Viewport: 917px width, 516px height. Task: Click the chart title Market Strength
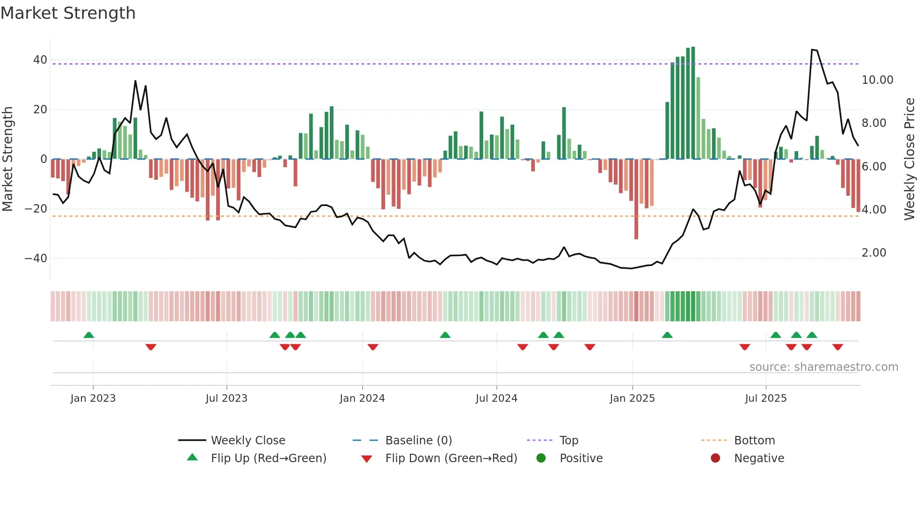click(x=68, y=13)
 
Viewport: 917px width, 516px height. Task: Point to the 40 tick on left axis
click(x=40, y=60)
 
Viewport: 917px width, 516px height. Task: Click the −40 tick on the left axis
click(x=36, y=258)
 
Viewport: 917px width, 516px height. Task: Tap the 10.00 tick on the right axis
click(x=877, y=80)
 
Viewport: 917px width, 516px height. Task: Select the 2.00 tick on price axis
click(x=873, y=253)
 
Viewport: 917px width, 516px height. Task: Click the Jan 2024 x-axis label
click(x=362, y=398)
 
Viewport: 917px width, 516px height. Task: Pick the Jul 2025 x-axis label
click(x=765, y=398)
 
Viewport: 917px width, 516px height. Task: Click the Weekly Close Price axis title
click(x=909, y=159)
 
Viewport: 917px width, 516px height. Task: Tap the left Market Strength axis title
click(x=7, y=159)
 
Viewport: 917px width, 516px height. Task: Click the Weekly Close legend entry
click(x=247, y=441)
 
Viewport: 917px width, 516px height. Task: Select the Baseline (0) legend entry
click(x=418, y=441)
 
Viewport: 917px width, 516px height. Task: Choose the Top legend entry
click(x=568, y=441)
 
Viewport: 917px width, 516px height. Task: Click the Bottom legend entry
click(x=754, y=441)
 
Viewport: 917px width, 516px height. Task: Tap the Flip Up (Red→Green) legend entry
click(x=268, y=458)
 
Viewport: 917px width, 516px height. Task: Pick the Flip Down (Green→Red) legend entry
click(x=451, y=458)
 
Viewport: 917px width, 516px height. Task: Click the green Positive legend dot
click(x=541, y=458)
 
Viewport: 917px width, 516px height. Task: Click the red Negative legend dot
click(x=715, y=458)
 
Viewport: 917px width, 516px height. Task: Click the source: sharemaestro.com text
click(x=823, y=367)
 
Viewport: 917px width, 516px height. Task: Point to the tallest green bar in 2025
click(x=693, y=103)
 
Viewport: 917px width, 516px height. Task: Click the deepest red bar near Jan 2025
click(x=636, y=199)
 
